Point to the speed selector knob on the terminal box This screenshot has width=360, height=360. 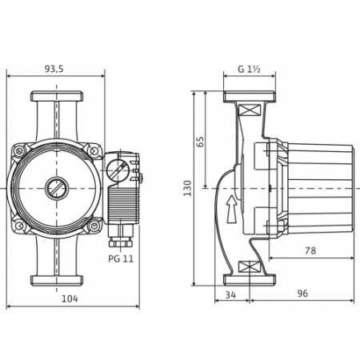118,170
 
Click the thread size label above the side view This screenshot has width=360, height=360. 250,70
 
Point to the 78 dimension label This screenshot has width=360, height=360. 313,250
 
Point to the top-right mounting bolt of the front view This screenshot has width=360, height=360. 96,150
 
